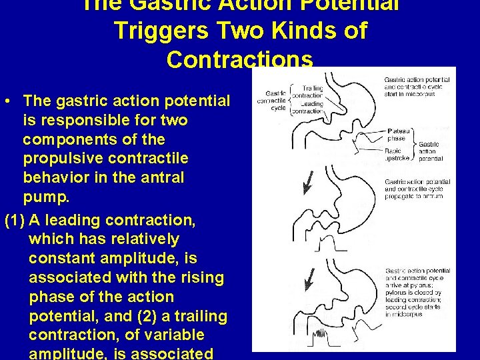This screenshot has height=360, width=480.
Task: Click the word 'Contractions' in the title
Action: coord(240,60)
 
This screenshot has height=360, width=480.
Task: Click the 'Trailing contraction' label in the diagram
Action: coord(312,92)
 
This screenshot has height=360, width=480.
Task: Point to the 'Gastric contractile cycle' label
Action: coord(276,100)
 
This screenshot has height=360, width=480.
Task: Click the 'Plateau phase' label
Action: coord(397,135)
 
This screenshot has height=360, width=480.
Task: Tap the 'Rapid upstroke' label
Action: coord(398,155)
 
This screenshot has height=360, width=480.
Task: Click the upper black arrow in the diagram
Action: coord(307,183)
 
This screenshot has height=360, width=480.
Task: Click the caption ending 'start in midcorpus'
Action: coord(417,87)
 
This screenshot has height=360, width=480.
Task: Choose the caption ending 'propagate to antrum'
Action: coord(417,189)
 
